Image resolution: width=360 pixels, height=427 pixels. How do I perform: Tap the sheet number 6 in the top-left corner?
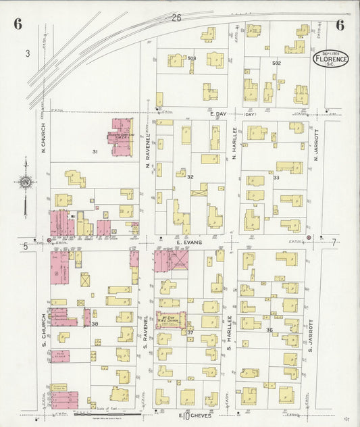[18, 25]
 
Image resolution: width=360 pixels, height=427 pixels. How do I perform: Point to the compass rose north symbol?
[25, 181]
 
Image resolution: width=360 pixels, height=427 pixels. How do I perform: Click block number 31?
[95, 151]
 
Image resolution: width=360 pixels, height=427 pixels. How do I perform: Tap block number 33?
[276, 177]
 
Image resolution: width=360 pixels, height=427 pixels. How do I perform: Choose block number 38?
[95, 324]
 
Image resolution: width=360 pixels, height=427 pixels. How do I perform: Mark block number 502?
[276, 63]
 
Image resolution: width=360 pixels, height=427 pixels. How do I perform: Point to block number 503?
[192, 59]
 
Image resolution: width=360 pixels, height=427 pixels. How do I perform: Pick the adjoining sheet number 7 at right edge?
[333, 242]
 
